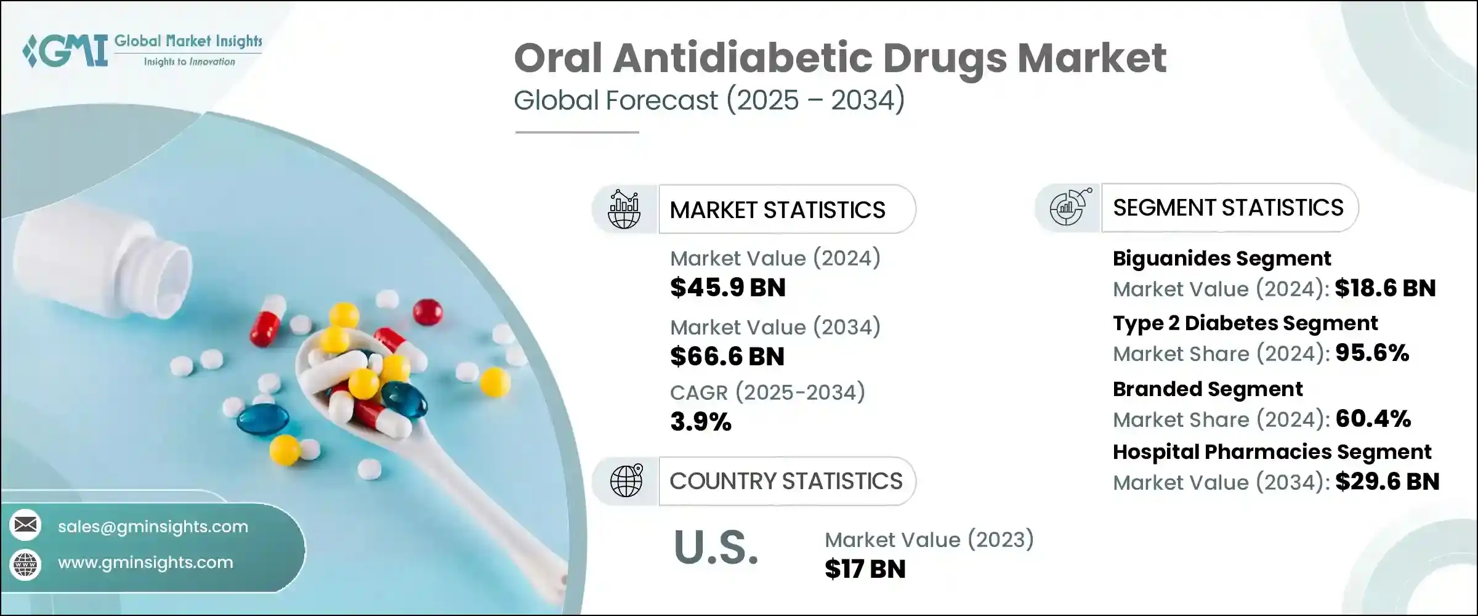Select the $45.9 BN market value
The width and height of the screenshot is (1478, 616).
pyautogui.click(x=728, y=288)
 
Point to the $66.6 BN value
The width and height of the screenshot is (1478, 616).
pyautogui.click(x=727, y=357)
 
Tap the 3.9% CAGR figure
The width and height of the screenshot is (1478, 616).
pyautogui.click(x=701, y=422)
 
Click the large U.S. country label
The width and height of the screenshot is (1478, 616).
pyautogui.click(x=716, y=547)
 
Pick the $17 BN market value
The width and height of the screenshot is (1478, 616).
pyautogui.click(x=865, y=569)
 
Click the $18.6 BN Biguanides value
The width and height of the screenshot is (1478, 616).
pyautogui.click(x=1386, y=288)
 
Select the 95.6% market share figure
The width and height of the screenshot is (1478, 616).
pyautogui.click(x=1373, y=353)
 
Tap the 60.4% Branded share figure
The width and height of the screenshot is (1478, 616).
pyautogui.click(x=1373, y=419)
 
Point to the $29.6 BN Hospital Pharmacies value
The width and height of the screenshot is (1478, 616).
pyautogui.click(x=1387, y=482)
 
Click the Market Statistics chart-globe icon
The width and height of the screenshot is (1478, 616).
pyautogui.click(x=624, y=209)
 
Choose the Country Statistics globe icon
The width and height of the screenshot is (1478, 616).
pyautogui.click(x=626, y=480)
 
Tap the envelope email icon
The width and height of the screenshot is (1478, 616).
pyautogui.click(x=26, y=525)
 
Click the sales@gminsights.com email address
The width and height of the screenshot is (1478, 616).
pyautogui.click(x=153, y=527)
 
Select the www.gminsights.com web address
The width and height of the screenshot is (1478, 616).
pyautogui.click(x=145, y=562)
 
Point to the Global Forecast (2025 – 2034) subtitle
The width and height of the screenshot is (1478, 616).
pyautogui.click(x=709, y=100)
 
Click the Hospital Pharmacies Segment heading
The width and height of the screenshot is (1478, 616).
pyautogui.click(x=1272, y=452)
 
